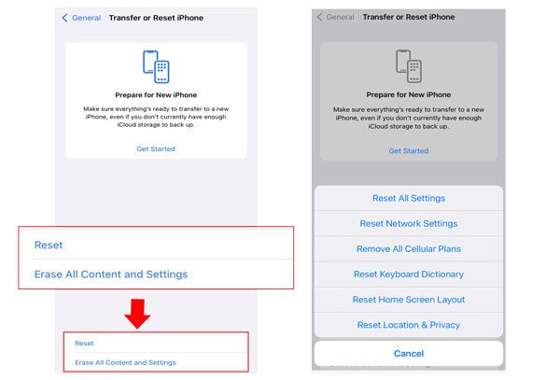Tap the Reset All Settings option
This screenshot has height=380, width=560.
click(x=409, y=198)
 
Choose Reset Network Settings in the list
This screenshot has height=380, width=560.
click(x=409, y=223)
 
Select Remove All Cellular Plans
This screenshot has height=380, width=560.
click(x=409, y=249)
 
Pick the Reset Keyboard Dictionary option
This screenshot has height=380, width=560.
click(x=409, y=274)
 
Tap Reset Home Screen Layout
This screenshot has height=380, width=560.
click(x=409, y=300)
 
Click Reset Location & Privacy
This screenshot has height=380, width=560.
click(x=409, y=325)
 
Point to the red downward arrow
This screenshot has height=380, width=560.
click(x=137, y=313)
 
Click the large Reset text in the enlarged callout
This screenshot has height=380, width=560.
click(x=49, y=245)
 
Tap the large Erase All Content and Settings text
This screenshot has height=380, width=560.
click(x=111, y=274)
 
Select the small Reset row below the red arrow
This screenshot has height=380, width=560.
click(x=84, y=344)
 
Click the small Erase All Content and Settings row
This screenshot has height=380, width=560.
click(x=125, y=362)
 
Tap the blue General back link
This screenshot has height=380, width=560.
click(x=81, y=18)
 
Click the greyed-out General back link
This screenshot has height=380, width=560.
click(x=336, y=17)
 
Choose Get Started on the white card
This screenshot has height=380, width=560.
click(x=156, y=149)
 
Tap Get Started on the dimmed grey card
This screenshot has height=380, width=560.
click(x=409, y=151)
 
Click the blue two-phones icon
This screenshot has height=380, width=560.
click(x=156, y=67)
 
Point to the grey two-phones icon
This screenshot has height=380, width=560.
click(x=409, y=66)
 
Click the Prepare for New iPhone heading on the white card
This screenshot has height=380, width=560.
click(x=156, y=95)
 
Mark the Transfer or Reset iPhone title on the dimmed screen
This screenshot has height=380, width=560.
click(x=409, y=17)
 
